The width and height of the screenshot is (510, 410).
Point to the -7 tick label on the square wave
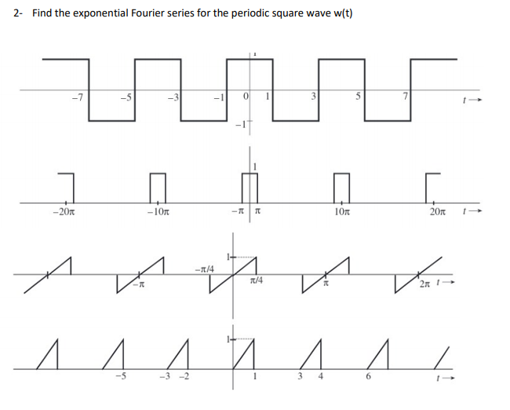pos(75,97)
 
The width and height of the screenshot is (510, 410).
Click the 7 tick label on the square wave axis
pos(405,97)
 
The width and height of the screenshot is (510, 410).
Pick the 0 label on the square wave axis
pos(246,97)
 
